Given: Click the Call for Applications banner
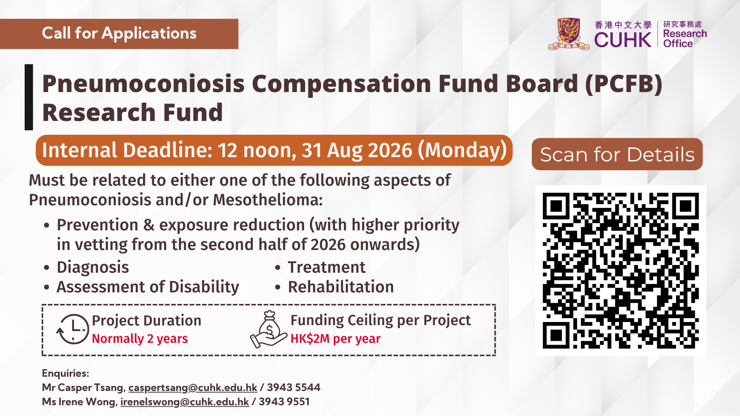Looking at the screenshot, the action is click(x=119, y=34).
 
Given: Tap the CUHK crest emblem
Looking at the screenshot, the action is click(x=568, y=34).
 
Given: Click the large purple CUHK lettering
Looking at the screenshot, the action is click(x=622, y=40).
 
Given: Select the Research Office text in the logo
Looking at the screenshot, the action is click(x=685, y=39).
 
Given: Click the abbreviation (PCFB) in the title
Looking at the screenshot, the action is click(x=623, y=84).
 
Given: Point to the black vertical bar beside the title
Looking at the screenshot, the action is click(x=29, y=97).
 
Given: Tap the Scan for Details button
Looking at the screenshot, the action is click(x=617, y=154).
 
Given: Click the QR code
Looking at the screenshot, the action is click(x=621, y=270).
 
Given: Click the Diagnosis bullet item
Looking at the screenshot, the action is click(x=92, y=267).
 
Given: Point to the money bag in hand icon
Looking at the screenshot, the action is click(x=269, y=329).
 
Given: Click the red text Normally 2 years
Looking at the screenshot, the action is click(x=140, y=339).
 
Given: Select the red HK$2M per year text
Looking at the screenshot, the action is click(x=335, y=339).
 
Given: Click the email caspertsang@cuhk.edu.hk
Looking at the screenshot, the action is click(x=193, y=387).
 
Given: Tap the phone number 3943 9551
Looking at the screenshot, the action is click(x=284, y=402).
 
